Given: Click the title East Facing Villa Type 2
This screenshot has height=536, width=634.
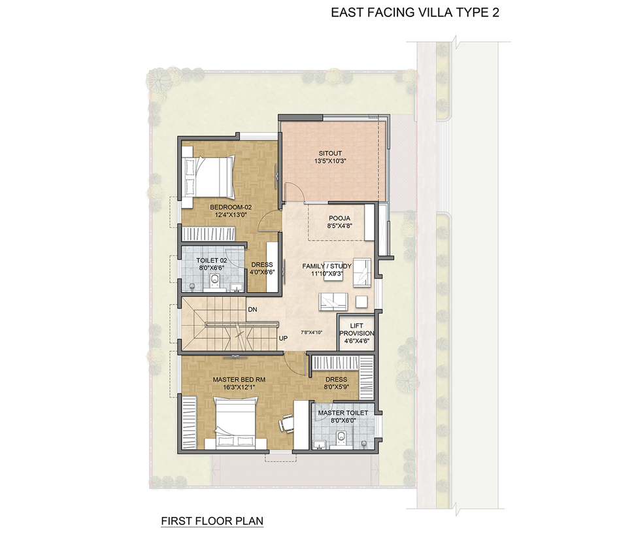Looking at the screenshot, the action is pos(415,12).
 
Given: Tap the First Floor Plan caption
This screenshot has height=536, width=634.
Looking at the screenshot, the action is pos(212,521).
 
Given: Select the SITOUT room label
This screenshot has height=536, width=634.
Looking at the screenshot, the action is pos(330,153).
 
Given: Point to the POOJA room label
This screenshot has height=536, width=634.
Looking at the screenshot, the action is pos(340,218).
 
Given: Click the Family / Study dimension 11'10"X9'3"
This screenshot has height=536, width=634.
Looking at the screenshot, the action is pos(327,274).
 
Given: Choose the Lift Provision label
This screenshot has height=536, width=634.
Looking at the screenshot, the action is pos(357,329).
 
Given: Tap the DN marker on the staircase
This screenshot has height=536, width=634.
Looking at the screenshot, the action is pos(252,310).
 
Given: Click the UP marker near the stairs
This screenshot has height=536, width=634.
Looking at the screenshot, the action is pos(283,338).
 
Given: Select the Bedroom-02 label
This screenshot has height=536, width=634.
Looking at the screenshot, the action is pos(231,207).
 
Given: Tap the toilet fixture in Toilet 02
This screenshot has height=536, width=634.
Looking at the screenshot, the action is pos(214,279).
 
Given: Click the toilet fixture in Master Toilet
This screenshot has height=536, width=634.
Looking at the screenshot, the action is pos(342,437).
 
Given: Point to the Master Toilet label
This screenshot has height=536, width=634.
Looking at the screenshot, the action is pos(343,412).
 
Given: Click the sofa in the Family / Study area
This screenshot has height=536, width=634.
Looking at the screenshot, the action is pos(333,301).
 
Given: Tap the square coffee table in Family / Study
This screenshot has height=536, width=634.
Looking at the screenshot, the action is pos(361,301).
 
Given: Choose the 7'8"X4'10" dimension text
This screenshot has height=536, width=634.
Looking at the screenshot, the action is pos(311,332).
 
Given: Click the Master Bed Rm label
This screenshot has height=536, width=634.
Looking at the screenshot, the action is pos(239,380).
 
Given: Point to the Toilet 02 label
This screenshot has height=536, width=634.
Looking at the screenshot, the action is pos(212,260).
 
